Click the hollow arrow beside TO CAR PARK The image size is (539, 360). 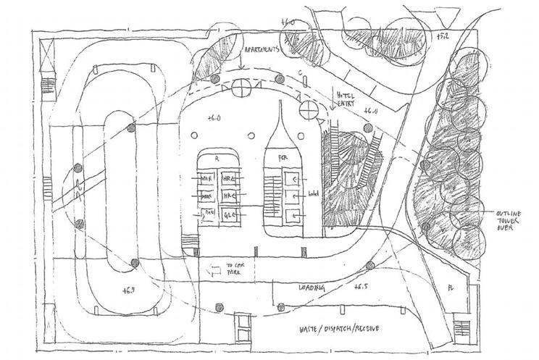[x=213, y=272]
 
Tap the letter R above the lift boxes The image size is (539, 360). [x=217, y=156]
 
